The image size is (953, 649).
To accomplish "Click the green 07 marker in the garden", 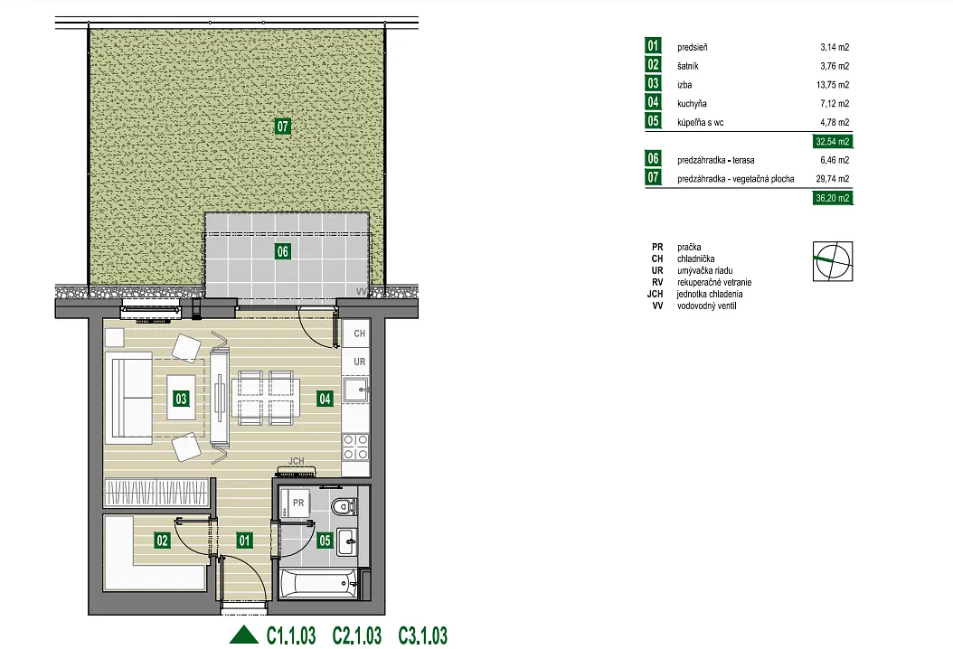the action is point(283,127).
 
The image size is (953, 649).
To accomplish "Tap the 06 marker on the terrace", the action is point(283,251).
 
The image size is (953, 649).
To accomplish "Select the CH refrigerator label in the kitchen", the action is point(359,334).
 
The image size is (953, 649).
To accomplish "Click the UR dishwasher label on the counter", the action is point(359,362).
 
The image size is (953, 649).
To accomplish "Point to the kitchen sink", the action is point(356,390).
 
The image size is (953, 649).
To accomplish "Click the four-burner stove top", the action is point(355,447).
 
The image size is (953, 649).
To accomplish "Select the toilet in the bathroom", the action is point(345,506).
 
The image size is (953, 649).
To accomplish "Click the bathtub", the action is point(318,585).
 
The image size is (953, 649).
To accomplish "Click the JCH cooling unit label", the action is point(296,461).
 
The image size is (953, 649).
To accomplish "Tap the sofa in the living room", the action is point(129,398).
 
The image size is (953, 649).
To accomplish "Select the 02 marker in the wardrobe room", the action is point(162,541).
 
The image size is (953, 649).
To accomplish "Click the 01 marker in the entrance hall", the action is point(244,541).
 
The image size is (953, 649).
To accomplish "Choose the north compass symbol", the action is point(833,261).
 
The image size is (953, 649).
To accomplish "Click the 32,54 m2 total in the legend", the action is point(833,142).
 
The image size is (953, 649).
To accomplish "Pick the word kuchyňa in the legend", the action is point(692,104).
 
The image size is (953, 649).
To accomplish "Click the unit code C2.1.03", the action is point(357,635).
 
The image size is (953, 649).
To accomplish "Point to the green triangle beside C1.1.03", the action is point(244,635).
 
